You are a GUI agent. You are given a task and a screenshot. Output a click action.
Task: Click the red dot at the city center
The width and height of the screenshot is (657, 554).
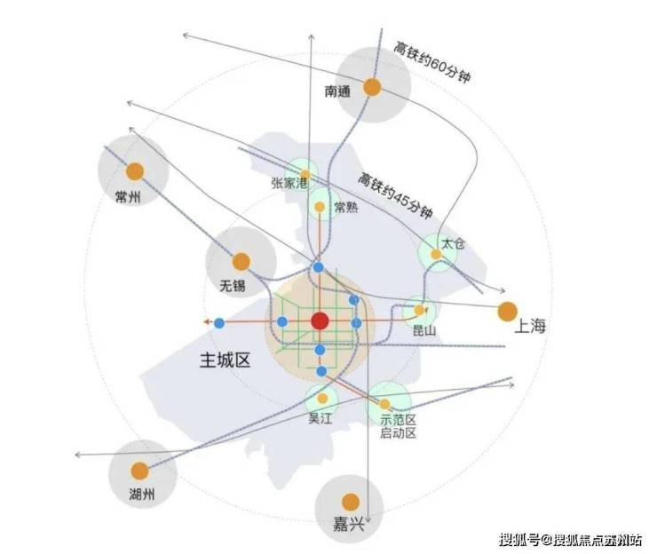pyautogui.click(x=320, y=321)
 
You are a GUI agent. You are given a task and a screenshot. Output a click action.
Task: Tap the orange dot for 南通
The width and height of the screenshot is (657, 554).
pyautogui.click(x=372, y=87)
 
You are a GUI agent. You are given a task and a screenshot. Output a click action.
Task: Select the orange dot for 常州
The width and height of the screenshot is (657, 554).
pyautogui.click(x=135, y=171)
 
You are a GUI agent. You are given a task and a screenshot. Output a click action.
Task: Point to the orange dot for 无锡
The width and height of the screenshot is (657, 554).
pyautogui.click(x=241, y=262)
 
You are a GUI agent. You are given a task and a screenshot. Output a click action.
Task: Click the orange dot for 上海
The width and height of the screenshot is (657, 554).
pyautogui.click(x=508, y=312)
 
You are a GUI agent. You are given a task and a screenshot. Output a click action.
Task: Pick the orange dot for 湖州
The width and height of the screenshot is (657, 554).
pyautogui.click(x=140, y=471)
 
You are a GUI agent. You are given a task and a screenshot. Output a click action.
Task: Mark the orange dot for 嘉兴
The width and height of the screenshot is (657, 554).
pyautogui.click(x=351, y=502)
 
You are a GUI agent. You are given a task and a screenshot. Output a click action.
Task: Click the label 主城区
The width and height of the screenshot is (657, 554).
pyautogui.click(x=225, y=360)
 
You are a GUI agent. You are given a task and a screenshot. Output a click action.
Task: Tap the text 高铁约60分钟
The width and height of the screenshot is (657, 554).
pyautogui.click(x=431, y=62)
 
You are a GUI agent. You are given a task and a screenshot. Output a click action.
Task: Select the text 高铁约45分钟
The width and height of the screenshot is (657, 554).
pyautogui.click(x=395, y=195)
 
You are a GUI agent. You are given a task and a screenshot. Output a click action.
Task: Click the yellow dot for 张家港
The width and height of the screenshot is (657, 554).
pyautogui.click(x=305, y=175)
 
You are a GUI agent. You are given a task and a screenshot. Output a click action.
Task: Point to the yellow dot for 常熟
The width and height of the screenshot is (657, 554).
pyautogui.click(x=320, y=207)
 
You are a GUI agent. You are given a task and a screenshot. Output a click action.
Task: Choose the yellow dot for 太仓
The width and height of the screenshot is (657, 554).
pyautogui.click(x=436, y=255)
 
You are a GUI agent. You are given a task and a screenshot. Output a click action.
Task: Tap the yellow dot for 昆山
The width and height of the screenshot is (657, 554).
pyautogui.click(x=419, y=310)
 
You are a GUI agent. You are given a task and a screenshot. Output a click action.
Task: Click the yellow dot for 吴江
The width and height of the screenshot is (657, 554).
pyautogui.click(x=322, y=398)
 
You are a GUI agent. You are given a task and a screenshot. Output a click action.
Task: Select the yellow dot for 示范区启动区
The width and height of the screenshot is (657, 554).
pyautogui.click(x=384, y=404)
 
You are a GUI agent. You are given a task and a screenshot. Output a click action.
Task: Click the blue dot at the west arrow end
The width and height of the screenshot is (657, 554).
pyautogui.click(x=219, y=323)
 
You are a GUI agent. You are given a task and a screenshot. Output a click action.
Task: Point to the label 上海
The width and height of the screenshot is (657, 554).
pyautogui.click(x=530, y=326)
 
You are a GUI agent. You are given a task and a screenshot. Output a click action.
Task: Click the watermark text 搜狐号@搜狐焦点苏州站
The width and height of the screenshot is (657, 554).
pyautogui.click(x=570, y=540)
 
